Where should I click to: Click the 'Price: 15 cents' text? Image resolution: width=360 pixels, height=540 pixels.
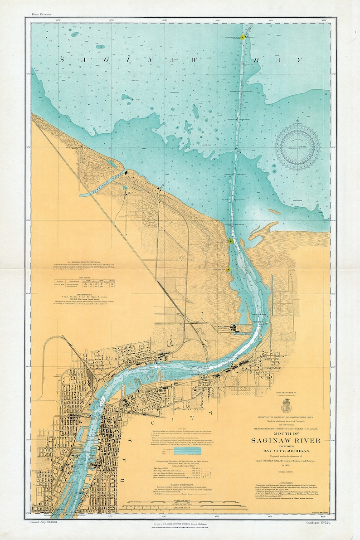41,14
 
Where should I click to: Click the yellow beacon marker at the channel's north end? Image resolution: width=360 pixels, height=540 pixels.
243,37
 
